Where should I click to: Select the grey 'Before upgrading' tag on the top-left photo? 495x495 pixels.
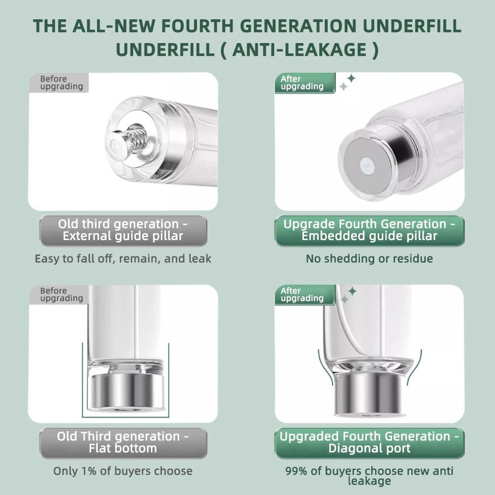click(x=59, y=83)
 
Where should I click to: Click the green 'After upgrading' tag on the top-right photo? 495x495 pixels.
click(x=305, y=83)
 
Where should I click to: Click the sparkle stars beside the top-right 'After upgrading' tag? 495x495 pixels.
click(x=347, y=82)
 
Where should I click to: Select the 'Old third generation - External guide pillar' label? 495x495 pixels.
click(x=123, y=231)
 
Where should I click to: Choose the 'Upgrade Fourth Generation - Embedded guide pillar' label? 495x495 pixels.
click(x=369, y=231)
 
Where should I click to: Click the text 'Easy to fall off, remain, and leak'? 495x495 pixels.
click(x=123, y=258)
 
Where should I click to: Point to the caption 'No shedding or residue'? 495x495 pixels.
click(x=369, y=258)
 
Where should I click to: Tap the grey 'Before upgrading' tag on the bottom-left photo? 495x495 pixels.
click(x=59, y=295)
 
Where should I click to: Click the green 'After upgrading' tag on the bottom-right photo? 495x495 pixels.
click(x=305, y=295)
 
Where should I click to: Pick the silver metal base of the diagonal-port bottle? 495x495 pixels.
click(x=370, y=394)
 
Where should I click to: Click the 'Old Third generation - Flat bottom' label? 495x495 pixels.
click(x=123, y=443)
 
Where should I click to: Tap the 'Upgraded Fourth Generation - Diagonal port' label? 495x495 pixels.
click(x=369, y=443)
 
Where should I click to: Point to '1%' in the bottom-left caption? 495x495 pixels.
click(x=89, y=471)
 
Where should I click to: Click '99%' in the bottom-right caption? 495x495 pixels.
click(x=296, y=471)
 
